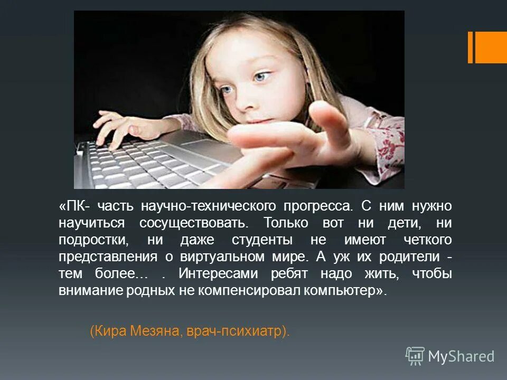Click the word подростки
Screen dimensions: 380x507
click(x=95, y=240)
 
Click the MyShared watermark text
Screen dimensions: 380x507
click(x=461, y=356)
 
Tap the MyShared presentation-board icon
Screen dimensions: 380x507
click(x=415, y=356)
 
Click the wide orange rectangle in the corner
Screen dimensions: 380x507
click(x=491, y=47)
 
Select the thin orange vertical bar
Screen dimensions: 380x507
click(x=470, y=47)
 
